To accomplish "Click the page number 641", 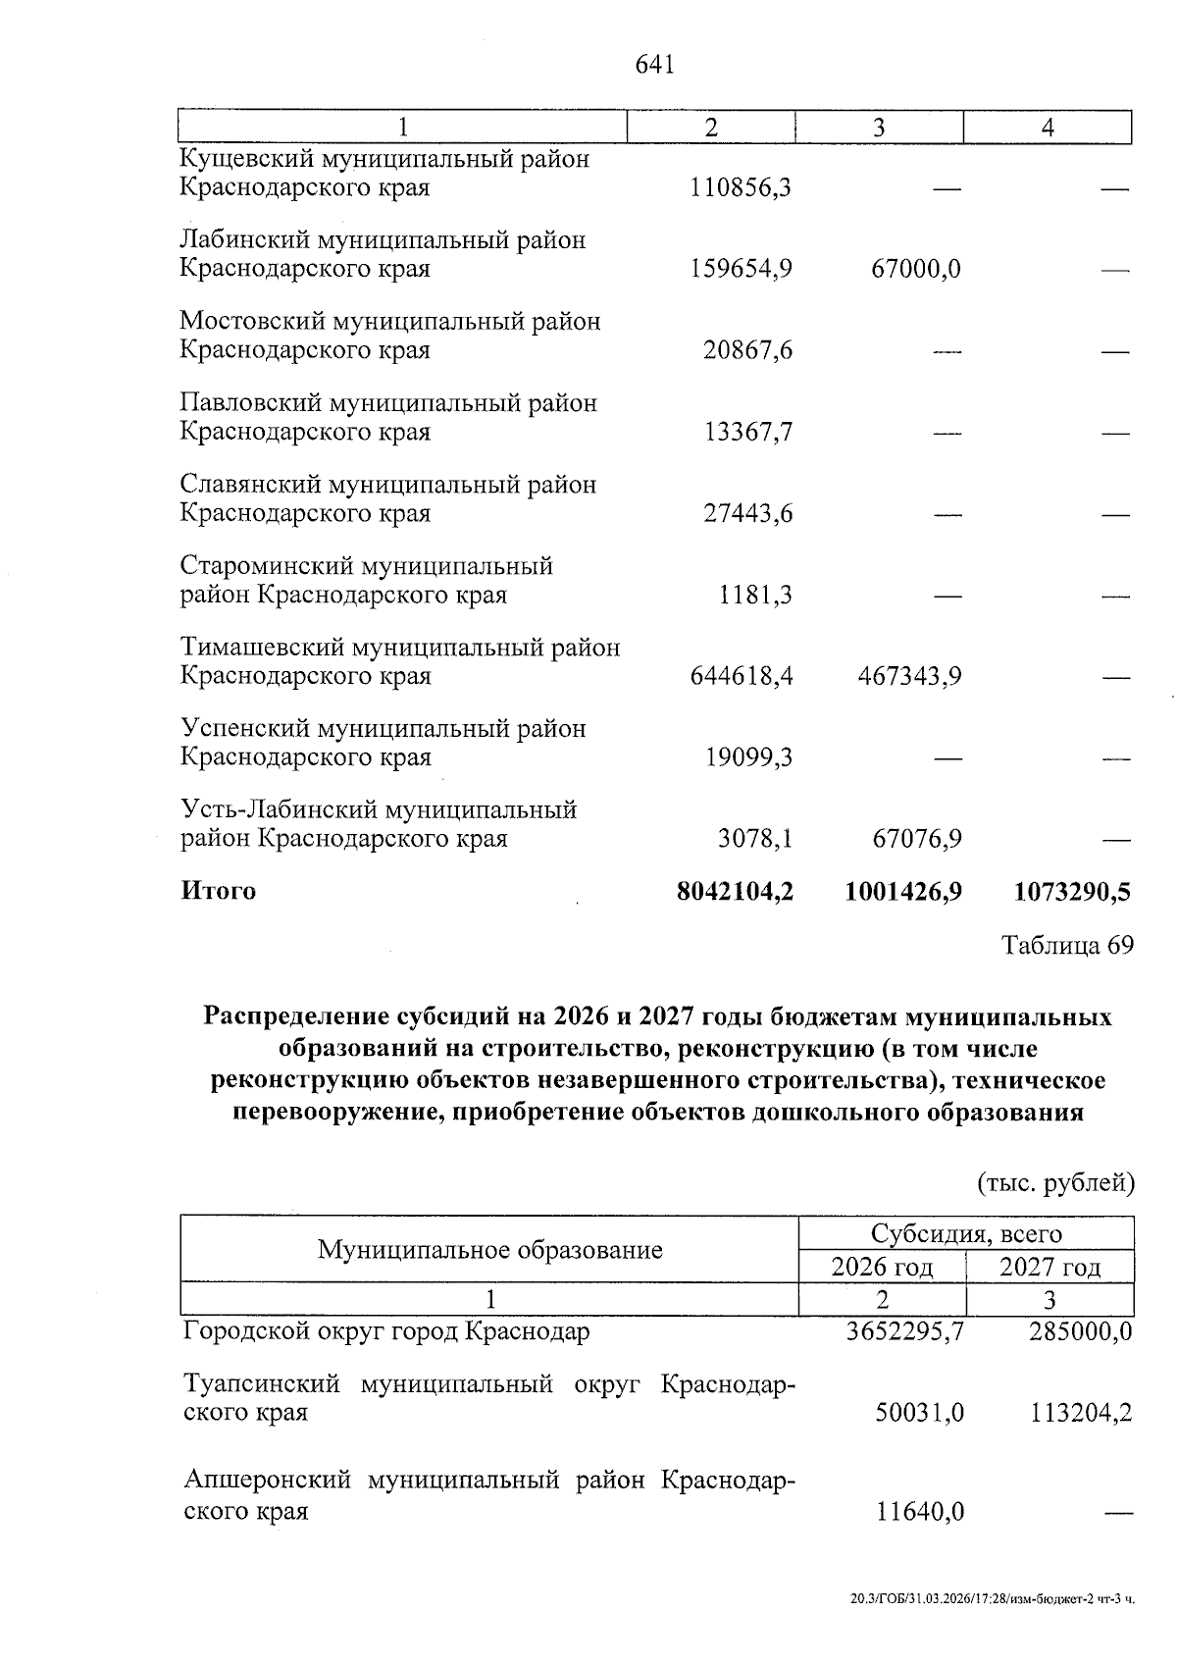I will (655, 65).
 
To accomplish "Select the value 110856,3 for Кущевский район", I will (742, 187).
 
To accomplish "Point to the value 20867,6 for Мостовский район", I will (748, 350).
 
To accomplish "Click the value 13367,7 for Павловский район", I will (748, 432).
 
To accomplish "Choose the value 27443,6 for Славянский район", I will (748, 513).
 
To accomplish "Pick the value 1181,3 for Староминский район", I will (755, 595).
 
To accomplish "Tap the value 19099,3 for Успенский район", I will (748, 757).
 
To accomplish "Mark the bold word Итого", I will (219, 891).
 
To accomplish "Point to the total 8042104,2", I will (735, 891).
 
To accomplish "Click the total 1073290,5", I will (1072, 891).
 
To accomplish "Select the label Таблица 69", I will (1067, 945).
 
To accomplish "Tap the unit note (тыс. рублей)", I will (1055, 1182).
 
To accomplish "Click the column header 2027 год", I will (1049, 1268).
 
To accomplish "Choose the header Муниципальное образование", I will (490, 1249).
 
